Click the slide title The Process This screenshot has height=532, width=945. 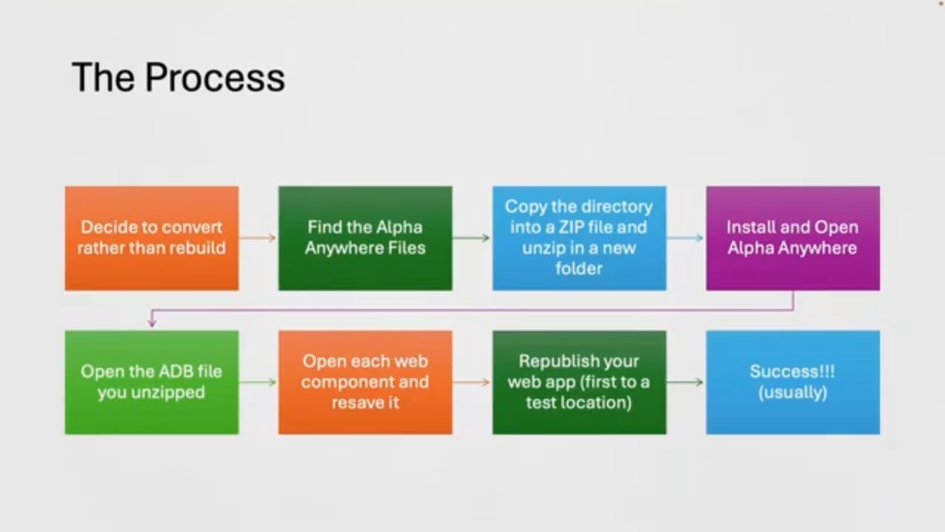(x=178, y=78)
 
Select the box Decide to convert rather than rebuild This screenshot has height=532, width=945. (x=151, y=238)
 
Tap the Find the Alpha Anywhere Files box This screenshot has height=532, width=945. (x=365, y=238)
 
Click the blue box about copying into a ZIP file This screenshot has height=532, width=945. (x=579, y=238)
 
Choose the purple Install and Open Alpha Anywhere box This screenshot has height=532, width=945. (x=792, y=238)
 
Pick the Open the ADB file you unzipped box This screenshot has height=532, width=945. (x=151, y=382)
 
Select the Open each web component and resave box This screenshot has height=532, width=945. (x=365, y=382)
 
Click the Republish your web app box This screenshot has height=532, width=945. (x=579, y=382)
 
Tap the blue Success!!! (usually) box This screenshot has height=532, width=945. (x=792, y=382)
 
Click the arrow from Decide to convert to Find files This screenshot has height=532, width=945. (x=258, y=238)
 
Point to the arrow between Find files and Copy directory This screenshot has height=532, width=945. (x=472, y=238)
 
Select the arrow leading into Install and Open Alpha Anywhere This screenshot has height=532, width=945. (x=685, y=238)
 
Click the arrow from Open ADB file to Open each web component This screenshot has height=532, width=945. (x=258, y=382)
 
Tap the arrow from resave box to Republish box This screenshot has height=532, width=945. (x=472, y=382)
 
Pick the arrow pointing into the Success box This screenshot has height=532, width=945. (x=685, y=382)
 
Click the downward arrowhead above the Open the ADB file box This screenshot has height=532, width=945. (x=152, y=322)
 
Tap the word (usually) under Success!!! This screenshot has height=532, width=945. (x=792, y=392)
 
